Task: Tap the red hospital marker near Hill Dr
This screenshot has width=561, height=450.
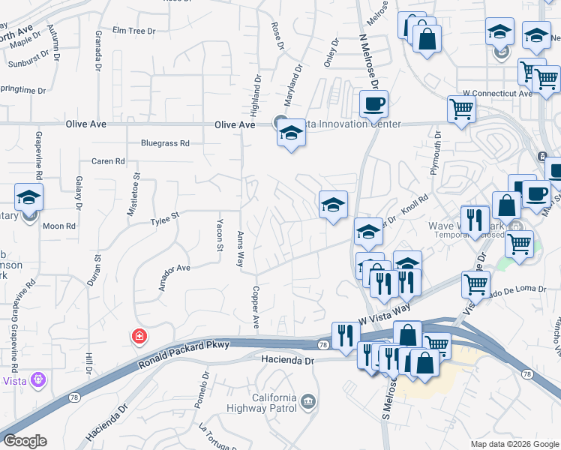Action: coord(139,336)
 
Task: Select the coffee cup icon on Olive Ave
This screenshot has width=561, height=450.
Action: coord(373,104)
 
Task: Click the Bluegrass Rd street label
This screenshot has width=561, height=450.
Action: coord(166,143)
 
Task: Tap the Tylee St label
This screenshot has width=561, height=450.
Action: coord(165,221)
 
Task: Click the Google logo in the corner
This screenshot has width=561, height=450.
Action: coord(25,441)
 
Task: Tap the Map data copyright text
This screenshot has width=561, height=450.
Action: coord(514,444)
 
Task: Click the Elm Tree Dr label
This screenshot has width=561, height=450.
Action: coord(133,31)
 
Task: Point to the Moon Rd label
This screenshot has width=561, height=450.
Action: coord(59,225)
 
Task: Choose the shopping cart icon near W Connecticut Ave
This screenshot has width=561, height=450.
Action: coord(460,109)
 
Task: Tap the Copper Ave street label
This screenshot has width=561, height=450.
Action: coord(256,308)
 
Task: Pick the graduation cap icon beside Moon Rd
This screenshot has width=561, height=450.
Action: coord(28,197)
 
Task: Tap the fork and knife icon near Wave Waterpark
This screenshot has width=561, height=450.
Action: coord(474,220)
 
